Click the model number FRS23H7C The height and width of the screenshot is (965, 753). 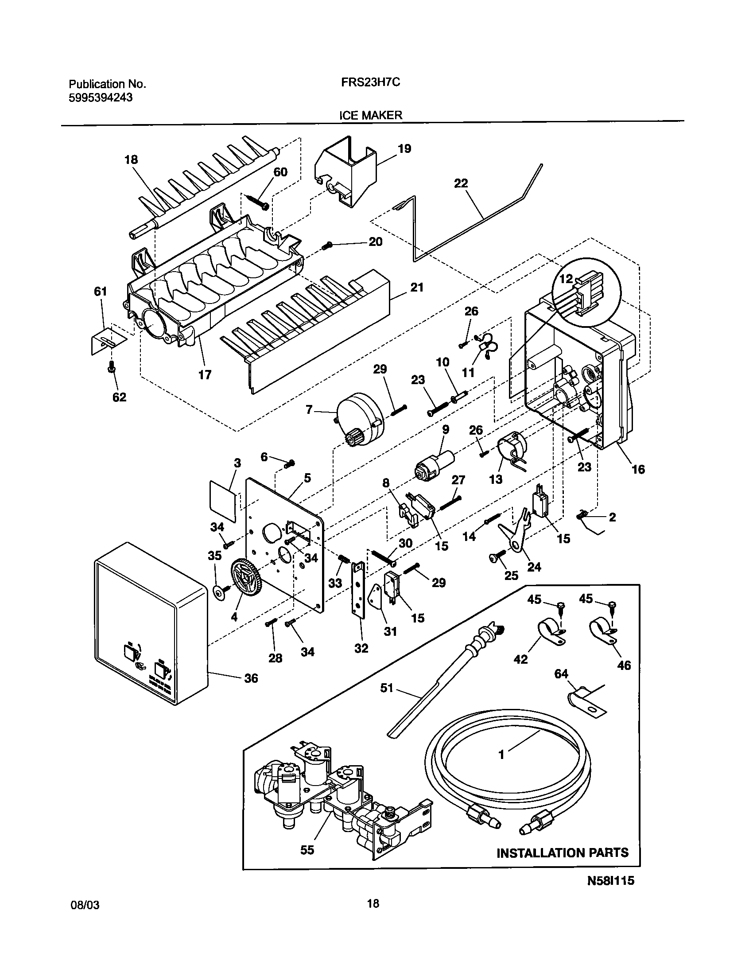click(371, 82)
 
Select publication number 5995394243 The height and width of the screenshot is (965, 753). click(101, 98)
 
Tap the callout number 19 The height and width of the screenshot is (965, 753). click(404, 149)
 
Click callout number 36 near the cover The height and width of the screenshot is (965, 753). click(251, 678)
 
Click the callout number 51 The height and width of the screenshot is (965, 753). click(387, 688)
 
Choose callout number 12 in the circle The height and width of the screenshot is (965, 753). click(566, 279)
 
